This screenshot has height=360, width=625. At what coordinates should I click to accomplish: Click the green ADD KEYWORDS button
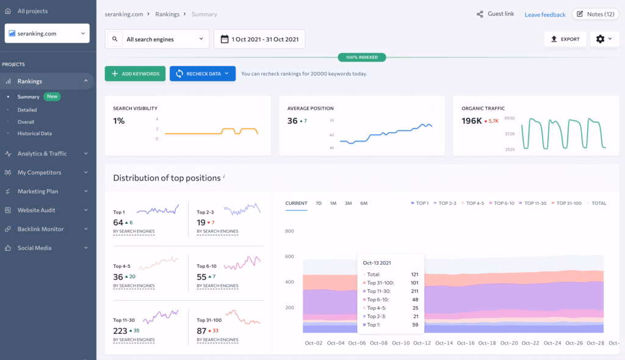[135, 74]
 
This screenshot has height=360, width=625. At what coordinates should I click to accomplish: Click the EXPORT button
[565, 39]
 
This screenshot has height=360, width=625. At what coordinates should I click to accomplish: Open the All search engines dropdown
[157, 39]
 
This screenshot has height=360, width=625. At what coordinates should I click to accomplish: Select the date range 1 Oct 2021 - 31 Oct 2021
[259, 39]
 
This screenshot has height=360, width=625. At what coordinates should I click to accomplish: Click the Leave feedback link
[544, 15]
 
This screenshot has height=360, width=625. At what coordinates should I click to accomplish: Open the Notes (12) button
[595, 14]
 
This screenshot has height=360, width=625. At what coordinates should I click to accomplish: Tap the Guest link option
[496, 14]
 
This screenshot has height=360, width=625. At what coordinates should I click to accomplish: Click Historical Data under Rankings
[35, 133]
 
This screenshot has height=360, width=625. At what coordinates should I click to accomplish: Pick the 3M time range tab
[348, 203]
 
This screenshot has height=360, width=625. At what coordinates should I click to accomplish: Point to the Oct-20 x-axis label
[509, 343]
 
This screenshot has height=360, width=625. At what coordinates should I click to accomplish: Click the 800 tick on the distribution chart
[289, 231]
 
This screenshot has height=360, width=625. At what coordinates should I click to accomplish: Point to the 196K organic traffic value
[472, 121]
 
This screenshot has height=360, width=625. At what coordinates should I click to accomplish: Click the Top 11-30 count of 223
[120, 331]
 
